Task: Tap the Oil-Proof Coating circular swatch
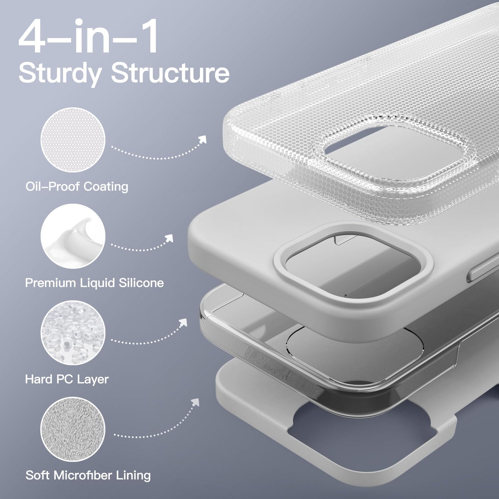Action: click(73, 140)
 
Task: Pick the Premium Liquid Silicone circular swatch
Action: click(73, 236)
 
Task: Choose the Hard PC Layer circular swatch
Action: click(73, 333)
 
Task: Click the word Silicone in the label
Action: click(141, 283)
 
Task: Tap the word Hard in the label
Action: click(38, 380)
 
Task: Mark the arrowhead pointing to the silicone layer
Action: click(170, 238)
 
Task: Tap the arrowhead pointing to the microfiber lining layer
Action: click(196, 402)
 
